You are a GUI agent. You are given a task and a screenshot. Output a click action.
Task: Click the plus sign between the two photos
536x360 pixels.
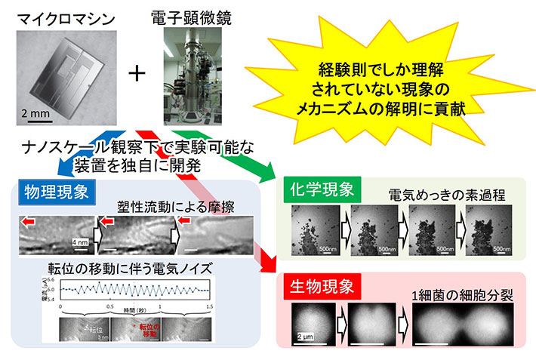coord(137,73)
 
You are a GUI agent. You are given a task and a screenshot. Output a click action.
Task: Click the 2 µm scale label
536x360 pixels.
coord(306,336)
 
